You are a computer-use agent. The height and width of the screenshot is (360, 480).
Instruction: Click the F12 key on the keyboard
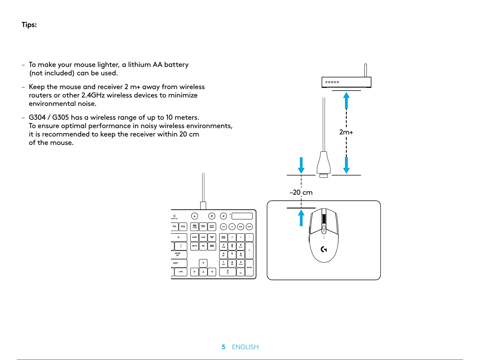pos(183,226)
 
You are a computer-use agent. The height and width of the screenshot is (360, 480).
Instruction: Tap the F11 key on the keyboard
pos(175,226)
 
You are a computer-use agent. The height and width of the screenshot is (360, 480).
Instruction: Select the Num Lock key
pos(223,237)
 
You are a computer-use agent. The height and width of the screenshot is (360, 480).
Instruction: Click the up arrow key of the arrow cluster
pos(203,263)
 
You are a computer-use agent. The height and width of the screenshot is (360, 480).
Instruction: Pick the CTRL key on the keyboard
pos(181,272)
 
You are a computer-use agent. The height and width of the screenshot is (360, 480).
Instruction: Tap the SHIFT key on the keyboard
pos(179,263)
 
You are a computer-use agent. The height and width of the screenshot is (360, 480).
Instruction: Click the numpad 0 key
pos(228,272)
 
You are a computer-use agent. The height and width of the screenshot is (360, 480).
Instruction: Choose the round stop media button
pos(232,227)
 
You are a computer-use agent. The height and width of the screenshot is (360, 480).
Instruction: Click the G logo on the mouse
pos(324,249)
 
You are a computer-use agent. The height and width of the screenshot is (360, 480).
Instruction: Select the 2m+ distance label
pos(346,132)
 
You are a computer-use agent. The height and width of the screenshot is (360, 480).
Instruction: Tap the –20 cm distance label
pos(301,193)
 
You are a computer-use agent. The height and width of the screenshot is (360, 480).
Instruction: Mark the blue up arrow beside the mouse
pos(301,218)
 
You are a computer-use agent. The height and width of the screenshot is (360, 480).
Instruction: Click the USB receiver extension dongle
pos(324,163)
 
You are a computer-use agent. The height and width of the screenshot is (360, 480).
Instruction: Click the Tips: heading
pos(29,25)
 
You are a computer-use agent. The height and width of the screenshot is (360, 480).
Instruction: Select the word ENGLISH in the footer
pos(245,347)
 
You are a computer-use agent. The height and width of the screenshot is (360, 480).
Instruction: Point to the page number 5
pos(223,347)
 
